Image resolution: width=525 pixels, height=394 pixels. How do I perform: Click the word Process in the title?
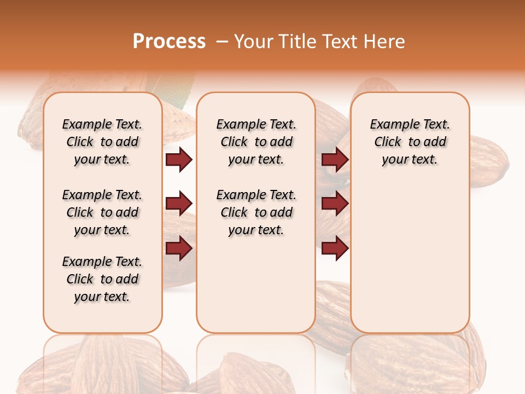click(169, 42)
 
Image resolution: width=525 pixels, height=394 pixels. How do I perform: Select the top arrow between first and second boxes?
click(179, 160)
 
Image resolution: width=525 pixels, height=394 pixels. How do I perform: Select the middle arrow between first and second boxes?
click(179, 204)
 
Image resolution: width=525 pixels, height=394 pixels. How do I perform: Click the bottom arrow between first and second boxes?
click(179, 248)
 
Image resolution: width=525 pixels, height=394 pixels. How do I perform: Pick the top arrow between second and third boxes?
click(335, 160)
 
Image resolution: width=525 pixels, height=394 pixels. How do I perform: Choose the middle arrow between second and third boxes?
click(335, 204)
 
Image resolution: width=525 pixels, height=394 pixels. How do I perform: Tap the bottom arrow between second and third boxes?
click(335, 248)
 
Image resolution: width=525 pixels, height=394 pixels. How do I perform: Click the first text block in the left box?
click(102, 142)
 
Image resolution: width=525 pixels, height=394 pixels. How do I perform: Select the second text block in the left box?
click(102, 212)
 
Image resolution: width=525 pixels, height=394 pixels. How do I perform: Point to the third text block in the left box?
click(102, 279)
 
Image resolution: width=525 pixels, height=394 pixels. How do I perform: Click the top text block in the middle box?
click(256, 142)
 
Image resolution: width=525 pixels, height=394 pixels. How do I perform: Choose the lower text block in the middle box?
click(256, 212)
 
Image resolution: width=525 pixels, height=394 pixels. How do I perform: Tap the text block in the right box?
click(410, 142)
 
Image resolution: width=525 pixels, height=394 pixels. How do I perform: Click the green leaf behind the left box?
click(178, 96)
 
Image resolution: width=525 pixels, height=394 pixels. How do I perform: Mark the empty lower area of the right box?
click(410, 257)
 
